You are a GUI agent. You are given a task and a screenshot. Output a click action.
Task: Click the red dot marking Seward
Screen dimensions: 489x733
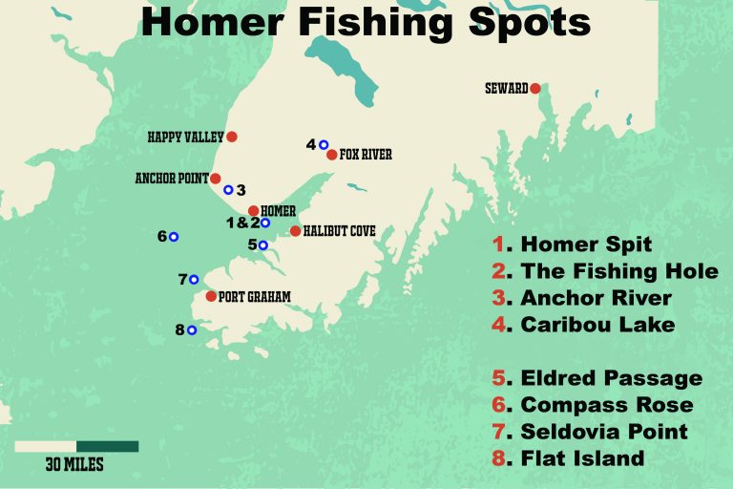coord(535,89)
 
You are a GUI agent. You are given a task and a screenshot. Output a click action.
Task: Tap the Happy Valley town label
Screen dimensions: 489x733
coord(185,138)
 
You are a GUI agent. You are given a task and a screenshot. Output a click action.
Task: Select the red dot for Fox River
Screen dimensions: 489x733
coord(331,155)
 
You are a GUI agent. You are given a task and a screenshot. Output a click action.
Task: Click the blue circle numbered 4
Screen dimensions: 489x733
coord(324,144)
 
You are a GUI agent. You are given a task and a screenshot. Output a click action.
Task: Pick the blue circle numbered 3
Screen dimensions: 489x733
coord(228,190)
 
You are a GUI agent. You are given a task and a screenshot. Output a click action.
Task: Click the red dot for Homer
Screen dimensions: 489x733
coord(253,210)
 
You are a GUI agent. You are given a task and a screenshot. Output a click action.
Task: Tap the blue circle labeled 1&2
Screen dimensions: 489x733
coord(264,223)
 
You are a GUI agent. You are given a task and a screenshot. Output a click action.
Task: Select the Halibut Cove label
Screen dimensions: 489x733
coord(339,231)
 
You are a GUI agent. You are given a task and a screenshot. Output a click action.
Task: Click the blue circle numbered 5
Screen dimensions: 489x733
coord(262,245)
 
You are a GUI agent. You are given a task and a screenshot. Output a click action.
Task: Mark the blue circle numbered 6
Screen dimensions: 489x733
coord(174,236)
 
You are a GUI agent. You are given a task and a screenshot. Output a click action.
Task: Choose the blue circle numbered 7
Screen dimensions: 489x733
coord(194,280)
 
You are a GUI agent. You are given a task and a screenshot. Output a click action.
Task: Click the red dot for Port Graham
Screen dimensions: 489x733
coord(211,296)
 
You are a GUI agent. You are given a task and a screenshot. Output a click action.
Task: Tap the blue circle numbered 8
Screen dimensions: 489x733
coord(192,330)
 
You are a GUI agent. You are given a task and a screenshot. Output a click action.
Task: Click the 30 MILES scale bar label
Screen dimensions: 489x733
coord(74,465)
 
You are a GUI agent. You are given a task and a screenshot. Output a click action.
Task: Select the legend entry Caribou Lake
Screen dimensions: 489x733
coord(597,325)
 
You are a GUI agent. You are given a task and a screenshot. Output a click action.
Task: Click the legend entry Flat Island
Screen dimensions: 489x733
coord(582,459)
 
